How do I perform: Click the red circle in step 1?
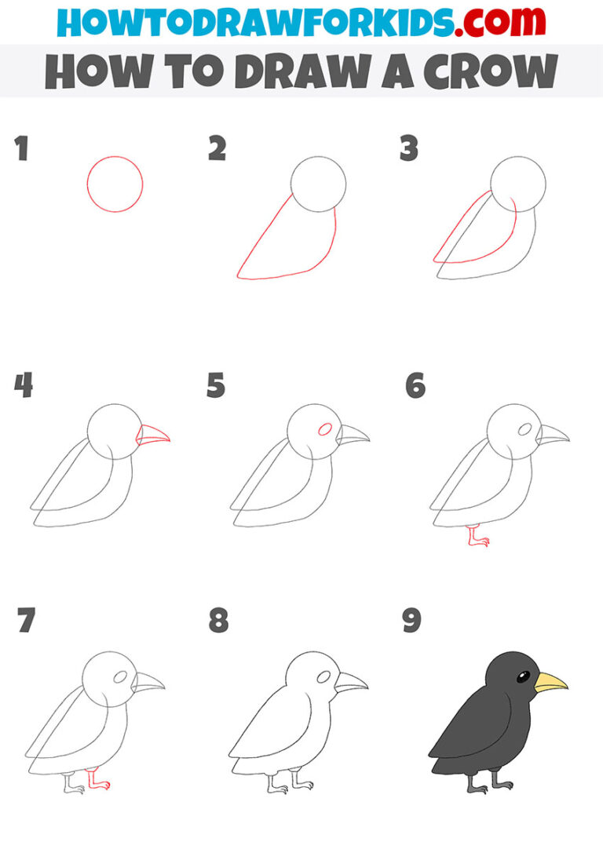tap(115, 184)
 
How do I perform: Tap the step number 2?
tap(217, 149)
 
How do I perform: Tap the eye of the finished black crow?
tap(523, 676)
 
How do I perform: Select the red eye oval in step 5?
tap(323, 429)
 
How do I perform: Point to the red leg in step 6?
tap(476, 537)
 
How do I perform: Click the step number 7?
tap(26, 622)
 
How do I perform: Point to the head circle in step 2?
tap(318, 184)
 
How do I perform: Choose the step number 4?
tap(24, 386)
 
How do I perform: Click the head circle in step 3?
tap(518, 184)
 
